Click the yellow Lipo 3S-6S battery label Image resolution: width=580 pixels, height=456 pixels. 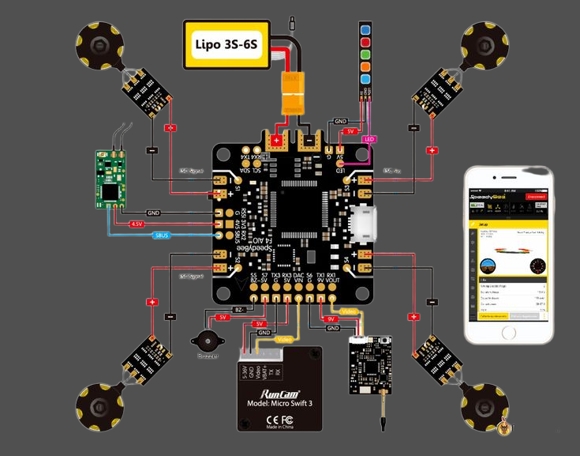pyautogui.click(x=230, y=42)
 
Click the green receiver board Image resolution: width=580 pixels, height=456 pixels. pyautogui.click(x=110, y=178)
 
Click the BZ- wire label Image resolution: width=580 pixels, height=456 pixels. pyautogui.click(x=241, y=309)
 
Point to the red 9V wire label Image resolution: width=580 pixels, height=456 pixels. pyautogui.click(x=331, y=319)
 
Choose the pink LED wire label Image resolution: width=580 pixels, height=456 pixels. pyautogui.click(x=369, y=139)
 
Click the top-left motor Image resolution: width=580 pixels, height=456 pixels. pyautogui.click(x=98, y=42)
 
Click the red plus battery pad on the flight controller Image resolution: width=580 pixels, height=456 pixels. pyautogui.click(x=276, y=141)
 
